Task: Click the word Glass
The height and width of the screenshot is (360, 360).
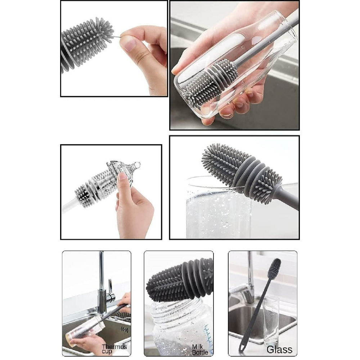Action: [279, 350]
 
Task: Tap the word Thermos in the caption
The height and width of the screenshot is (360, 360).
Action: [114, 346]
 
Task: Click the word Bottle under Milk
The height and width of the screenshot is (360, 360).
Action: [200, 352]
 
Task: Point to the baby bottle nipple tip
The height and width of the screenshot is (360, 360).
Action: [138, 164]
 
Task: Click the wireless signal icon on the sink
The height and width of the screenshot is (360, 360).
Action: [125, 330]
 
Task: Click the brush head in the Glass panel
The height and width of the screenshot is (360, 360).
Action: [274, 269]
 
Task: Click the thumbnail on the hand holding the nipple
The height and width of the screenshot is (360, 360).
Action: [121, 177]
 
